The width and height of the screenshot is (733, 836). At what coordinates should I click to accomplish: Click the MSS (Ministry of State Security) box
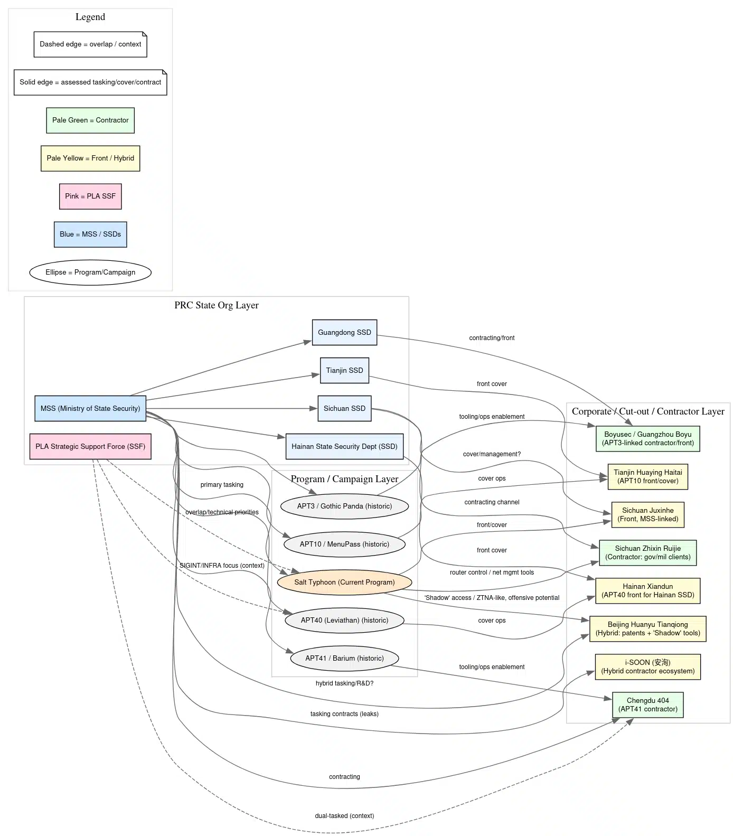pos(90,408)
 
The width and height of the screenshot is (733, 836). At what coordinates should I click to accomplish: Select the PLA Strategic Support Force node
pos(90,446)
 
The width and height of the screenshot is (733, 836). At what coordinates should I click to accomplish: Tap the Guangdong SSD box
pos(344,332)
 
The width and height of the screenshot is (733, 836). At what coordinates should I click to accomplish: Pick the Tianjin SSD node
pos(344,370)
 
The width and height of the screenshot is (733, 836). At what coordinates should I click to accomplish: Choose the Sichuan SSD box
pos(344,408)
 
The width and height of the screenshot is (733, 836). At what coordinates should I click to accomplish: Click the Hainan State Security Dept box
pos(344,446)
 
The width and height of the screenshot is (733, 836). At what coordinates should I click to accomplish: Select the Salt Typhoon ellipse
pos(344,582)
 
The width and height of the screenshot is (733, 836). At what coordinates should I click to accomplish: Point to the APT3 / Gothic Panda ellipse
pos(344,506)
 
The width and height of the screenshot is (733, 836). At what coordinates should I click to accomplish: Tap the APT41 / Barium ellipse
pos(344,658)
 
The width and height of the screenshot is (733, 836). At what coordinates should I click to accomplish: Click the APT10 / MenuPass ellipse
pos(344,544)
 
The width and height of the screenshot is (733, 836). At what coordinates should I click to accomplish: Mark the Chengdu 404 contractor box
pos(647,705)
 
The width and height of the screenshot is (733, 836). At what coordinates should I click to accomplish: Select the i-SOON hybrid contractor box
pos(647,666)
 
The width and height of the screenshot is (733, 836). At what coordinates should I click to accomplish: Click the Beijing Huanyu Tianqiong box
pos(647,628)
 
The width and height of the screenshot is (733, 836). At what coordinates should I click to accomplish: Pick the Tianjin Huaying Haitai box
pos(647,476)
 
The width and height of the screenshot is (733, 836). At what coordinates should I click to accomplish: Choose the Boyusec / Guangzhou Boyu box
pos(647,438)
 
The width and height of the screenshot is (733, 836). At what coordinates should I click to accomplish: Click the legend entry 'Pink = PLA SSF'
pos(90,196)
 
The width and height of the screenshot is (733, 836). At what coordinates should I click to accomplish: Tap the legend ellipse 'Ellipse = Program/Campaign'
pos(90,272)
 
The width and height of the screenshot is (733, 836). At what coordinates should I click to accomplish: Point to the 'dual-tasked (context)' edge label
pos(344,815)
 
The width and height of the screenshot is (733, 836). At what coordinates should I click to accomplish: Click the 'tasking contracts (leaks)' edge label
pos(344,713)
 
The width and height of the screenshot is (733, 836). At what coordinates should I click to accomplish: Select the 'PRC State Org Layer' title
pos(217,305)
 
